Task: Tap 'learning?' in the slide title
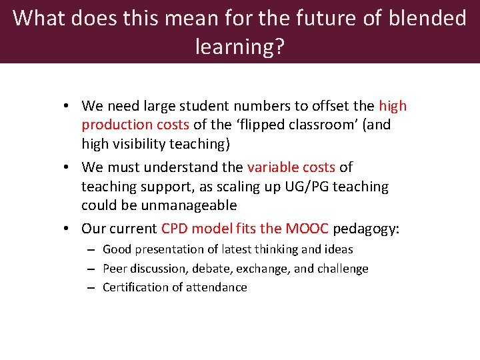click(239, 47)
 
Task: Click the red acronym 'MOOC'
click(307, 229)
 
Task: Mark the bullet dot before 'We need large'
click(69, 106)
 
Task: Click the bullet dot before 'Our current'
click(69, 229)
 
